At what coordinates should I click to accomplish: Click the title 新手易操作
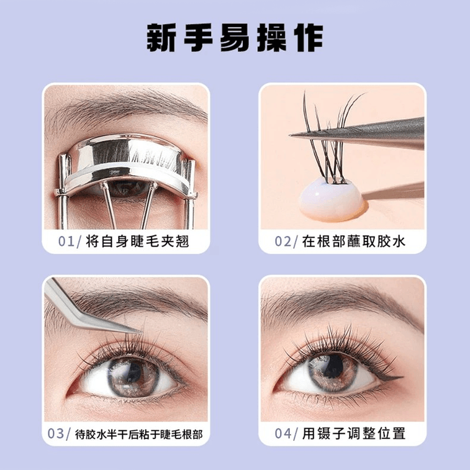(235, 38)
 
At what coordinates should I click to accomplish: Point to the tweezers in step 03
(81, 304)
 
